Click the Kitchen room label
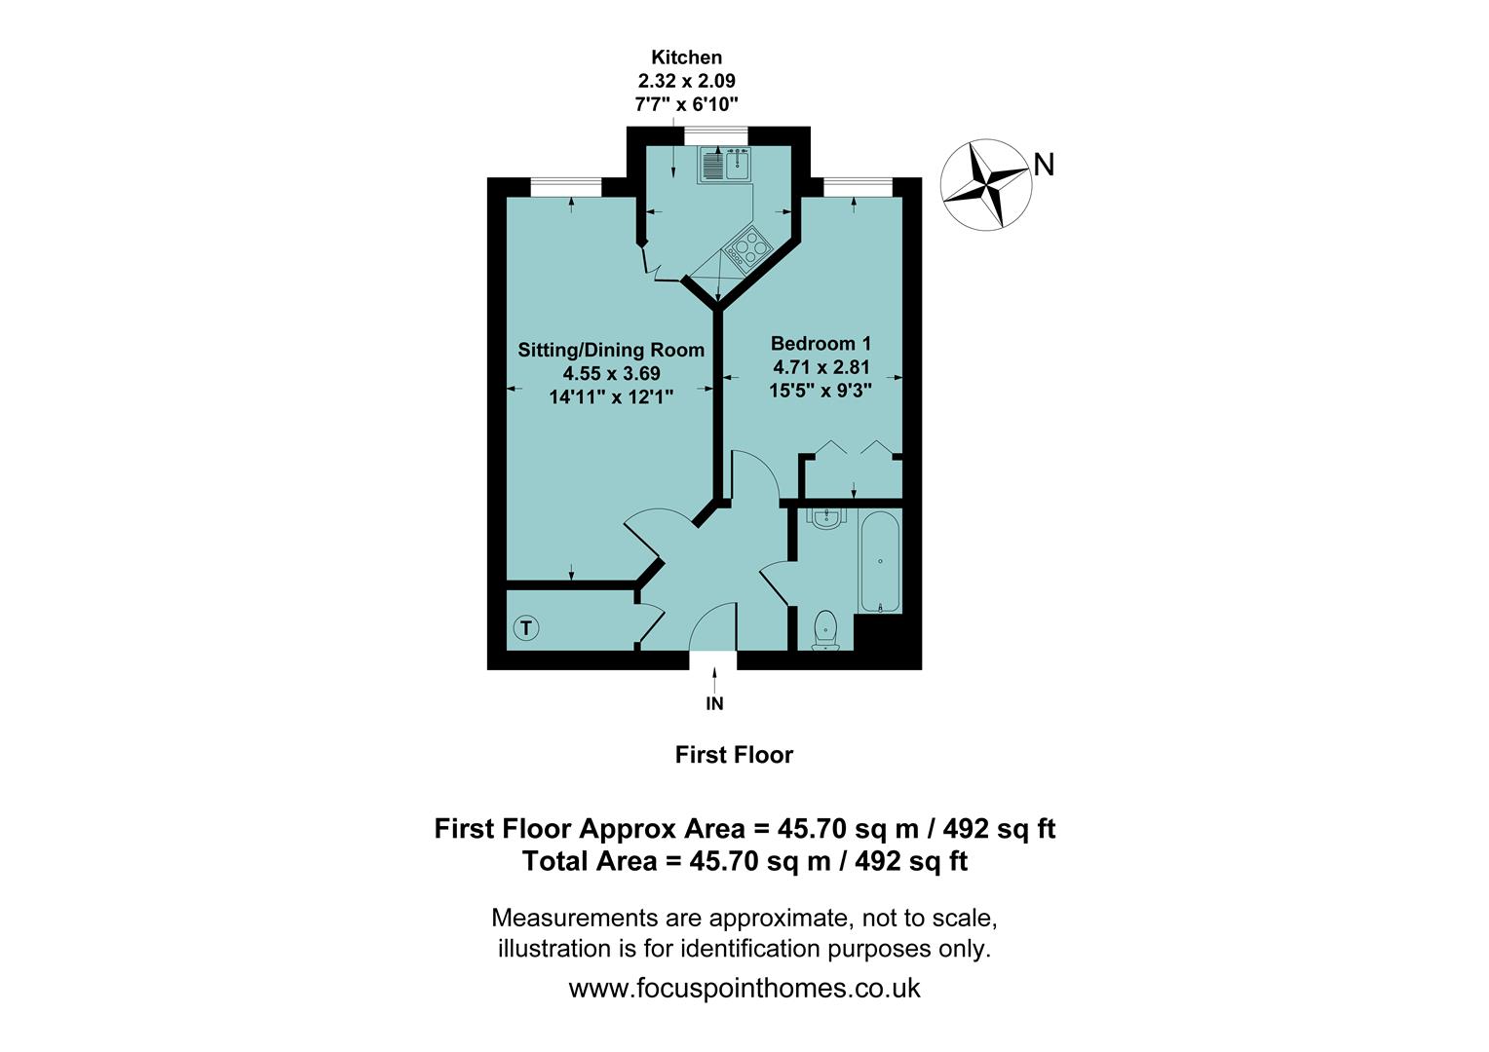(686, 57)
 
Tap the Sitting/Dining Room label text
(611, 350)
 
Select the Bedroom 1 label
(821, 343)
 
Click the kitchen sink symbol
(722, 165)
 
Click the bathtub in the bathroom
(880, 562)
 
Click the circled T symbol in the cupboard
(525, 628)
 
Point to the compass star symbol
(985, 184)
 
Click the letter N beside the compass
(1044, 166)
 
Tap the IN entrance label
(714, 703)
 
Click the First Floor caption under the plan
(734, 755)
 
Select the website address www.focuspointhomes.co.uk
(744, 988)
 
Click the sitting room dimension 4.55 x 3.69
(611, 373)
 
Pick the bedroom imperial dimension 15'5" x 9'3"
(821, 391)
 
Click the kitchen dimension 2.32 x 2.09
(686, 81)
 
